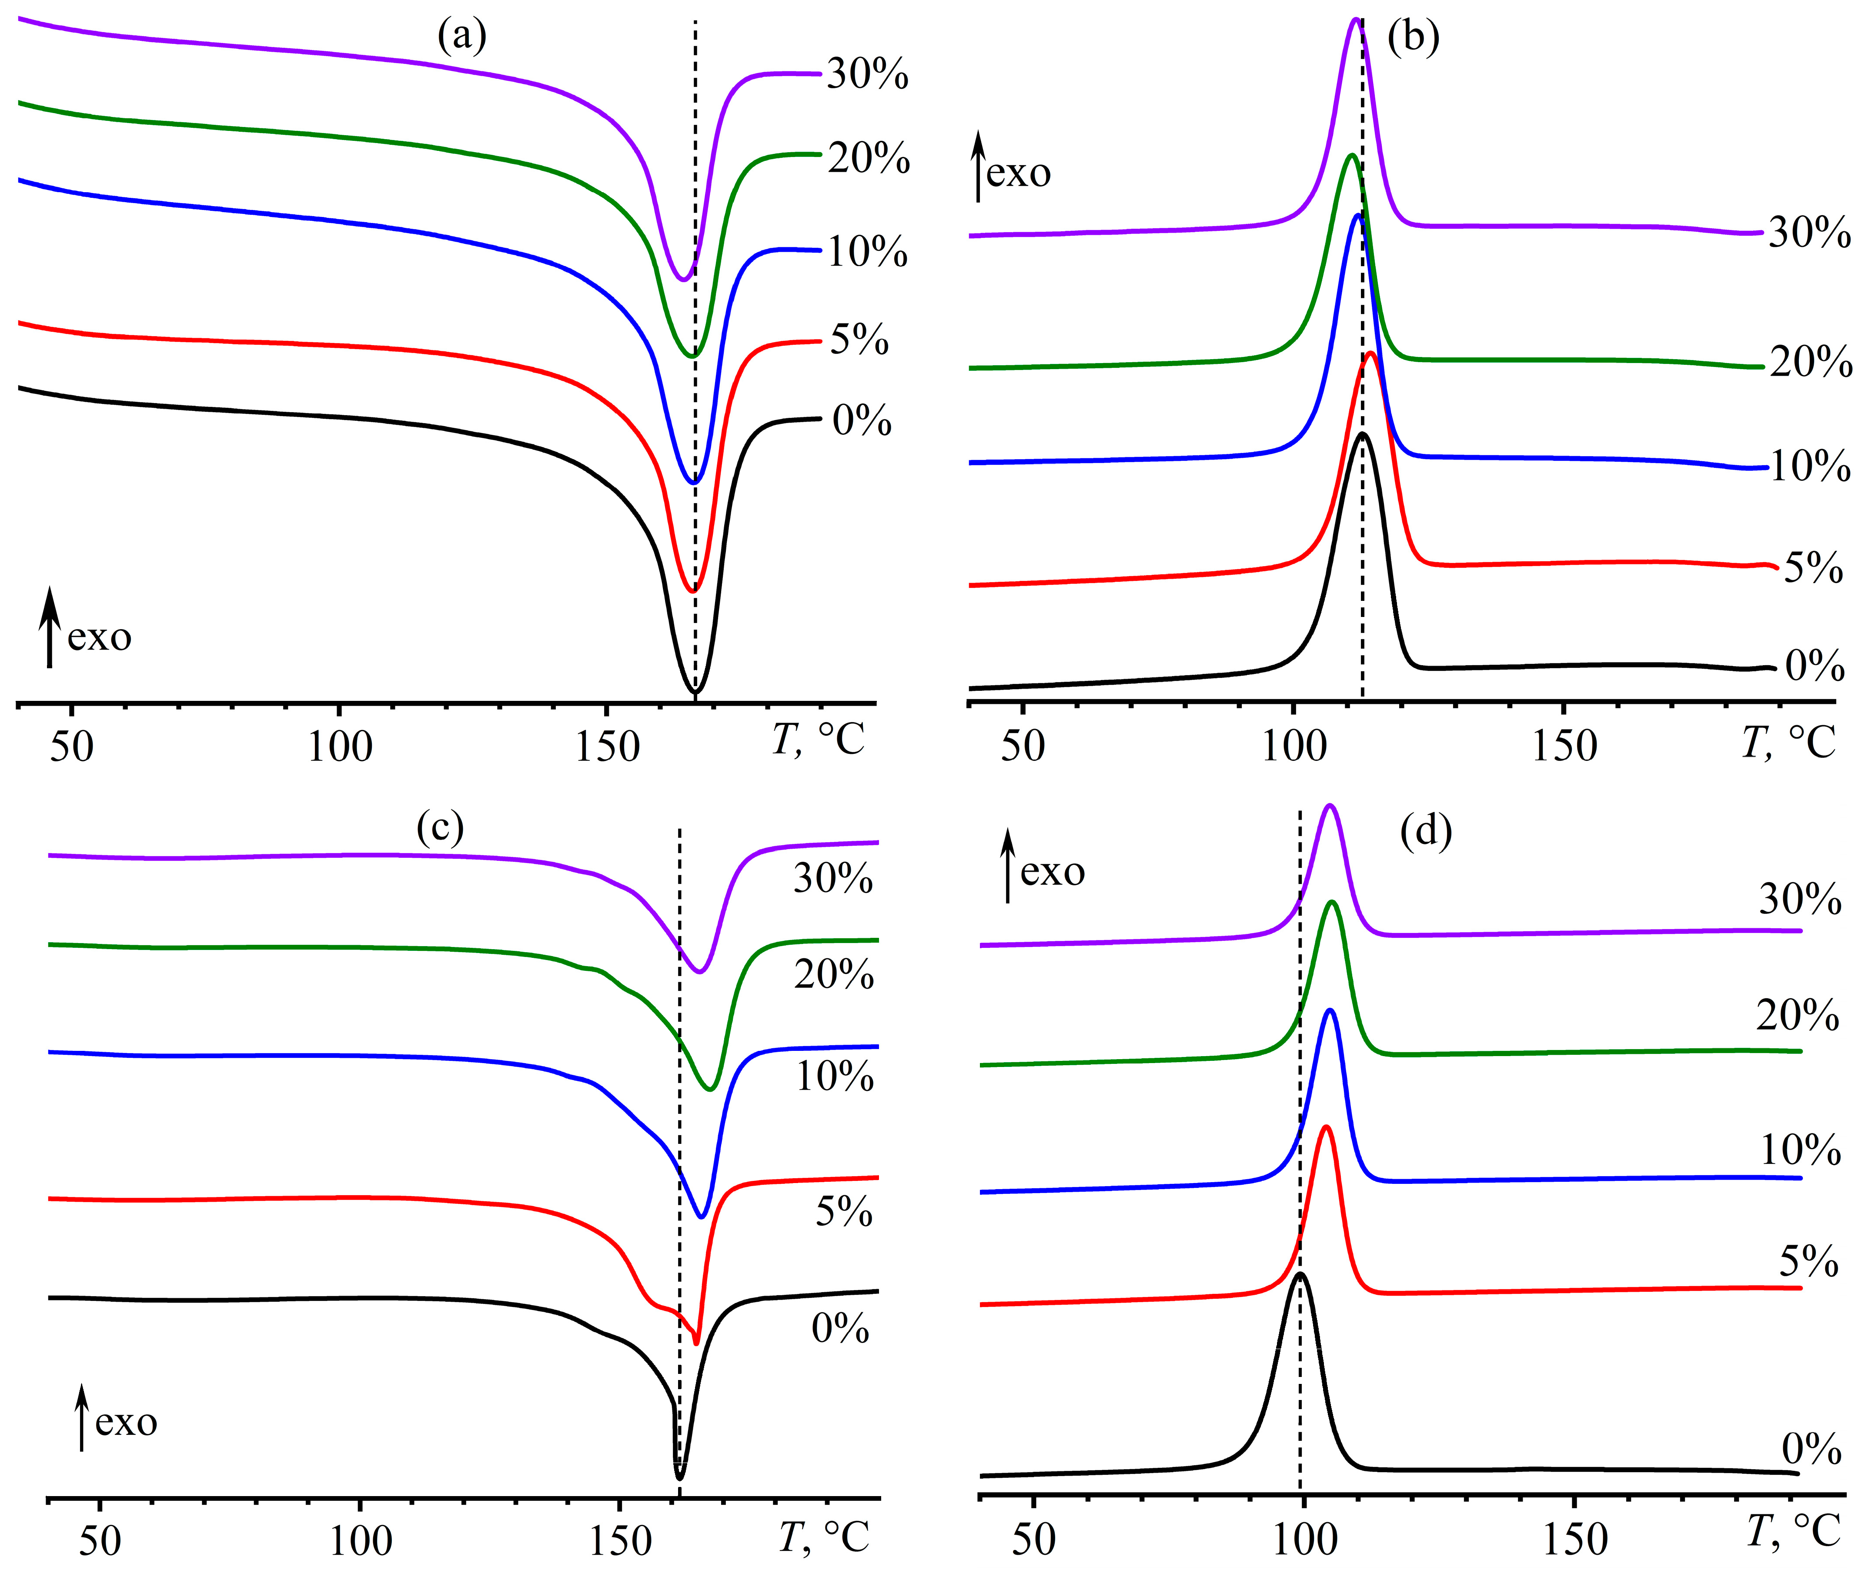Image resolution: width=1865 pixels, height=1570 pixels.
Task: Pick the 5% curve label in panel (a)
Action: tap(859, 340)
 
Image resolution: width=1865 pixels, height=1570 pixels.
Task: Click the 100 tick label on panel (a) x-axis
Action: tap(339, 746)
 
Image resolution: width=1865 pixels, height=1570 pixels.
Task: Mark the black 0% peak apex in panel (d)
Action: tap(1300, 1273)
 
